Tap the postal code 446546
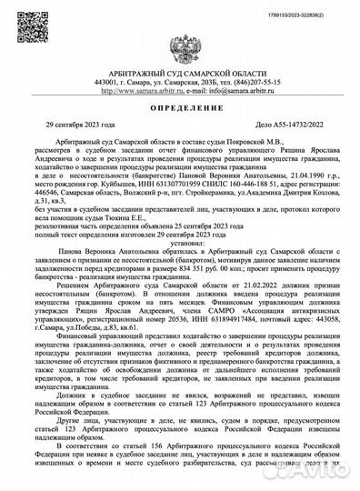point(55,201)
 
